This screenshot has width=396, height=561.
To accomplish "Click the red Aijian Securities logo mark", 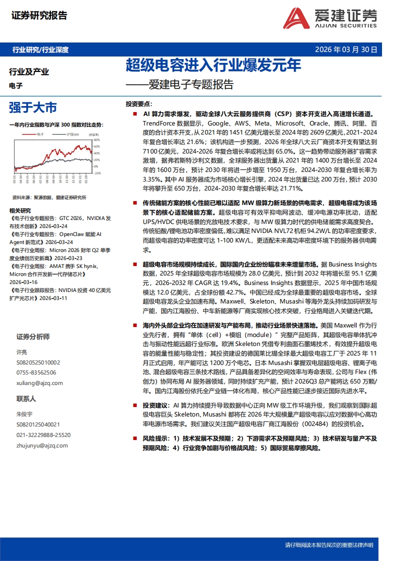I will pos(296,18).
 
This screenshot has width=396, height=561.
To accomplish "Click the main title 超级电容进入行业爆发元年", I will pos(213,65).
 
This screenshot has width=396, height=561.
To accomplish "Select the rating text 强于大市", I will pos(33,107).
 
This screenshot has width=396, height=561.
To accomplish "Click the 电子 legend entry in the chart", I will pos(41,134).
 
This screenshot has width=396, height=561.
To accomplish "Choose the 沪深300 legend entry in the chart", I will pos(71,134).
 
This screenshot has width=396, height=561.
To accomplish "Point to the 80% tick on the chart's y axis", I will pos(97,139).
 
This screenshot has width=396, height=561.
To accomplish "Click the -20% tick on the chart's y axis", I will pos(97,173).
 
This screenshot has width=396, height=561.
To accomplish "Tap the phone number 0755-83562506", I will pos(36,372).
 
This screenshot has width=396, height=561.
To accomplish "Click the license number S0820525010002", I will pos(38,362).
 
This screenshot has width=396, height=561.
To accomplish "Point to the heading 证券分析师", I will pos(33,336).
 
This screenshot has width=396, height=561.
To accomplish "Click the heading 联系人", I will pos(26,398).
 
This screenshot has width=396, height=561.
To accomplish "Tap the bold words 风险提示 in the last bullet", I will pos(155,438).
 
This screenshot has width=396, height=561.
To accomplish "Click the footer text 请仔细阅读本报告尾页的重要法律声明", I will pos(329,544).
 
